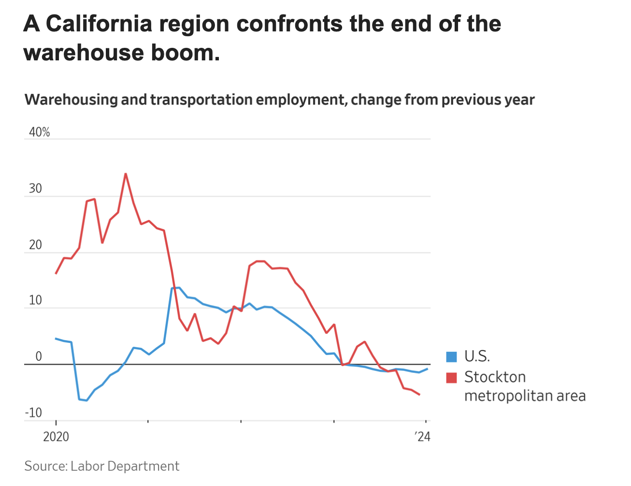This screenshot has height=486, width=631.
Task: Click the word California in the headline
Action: [100, 24]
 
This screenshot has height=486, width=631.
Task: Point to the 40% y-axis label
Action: [39, 132]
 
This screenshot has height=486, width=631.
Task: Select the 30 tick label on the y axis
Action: [35, 188]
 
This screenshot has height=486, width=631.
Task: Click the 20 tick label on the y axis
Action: [35, 244]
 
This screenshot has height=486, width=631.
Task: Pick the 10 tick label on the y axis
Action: [35, 300]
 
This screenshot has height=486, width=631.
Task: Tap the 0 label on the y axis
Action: [39, 357]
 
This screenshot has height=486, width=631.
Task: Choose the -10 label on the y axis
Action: [33, 413]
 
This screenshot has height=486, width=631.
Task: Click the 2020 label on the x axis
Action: [56, 437]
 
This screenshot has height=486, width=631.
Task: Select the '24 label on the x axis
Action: [422, 437]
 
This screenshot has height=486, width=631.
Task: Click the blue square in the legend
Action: [451, 357]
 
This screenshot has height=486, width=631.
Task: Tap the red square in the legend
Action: [451, 377]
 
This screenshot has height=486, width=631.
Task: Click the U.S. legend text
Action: [477, 357]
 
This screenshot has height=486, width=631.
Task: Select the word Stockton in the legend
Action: [495, 377]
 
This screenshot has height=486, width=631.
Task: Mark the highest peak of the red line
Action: [126, 173]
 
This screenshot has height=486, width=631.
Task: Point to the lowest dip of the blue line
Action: [86, 400]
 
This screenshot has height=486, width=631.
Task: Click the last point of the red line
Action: [419, 395]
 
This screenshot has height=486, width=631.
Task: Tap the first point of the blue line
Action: [56, 339]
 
